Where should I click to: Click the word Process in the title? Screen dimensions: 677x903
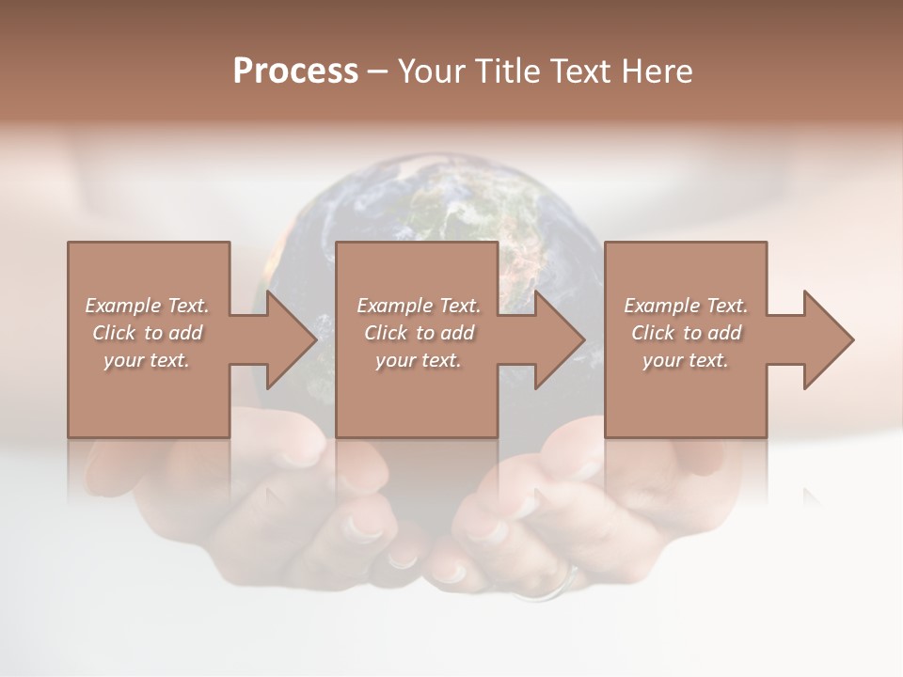click(x=295, y=71)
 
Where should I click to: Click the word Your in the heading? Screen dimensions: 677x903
click(x=429, y=71)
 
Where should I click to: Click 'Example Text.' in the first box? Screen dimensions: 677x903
click(x=147, y=306)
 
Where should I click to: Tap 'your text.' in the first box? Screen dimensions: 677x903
click(x=147, y=360)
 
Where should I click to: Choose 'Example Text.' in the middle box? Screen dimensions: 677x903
click(x=419, y=306)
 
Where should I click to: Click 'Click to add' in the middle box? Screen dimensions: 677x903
click(x=419, y=333)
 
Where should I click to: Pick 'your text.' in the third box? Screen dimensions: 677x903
click(x=686, y=360)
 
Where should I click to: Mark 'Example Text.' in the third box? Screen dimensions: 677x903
click(x=686, y=306)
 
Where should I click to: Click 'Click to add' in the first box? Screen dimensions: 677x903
click(x=147, y=333)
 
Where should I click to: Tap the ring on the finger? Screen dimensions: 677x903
click(x=555, y=588)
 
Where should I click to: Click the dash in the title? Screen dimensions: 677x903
click(x=377, y=71)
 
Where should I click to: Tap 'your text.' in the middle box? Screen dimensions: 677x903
click(x=419, y=360)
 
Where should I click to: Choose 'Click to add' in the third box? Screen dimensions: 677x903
click(x=686, y=333)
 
